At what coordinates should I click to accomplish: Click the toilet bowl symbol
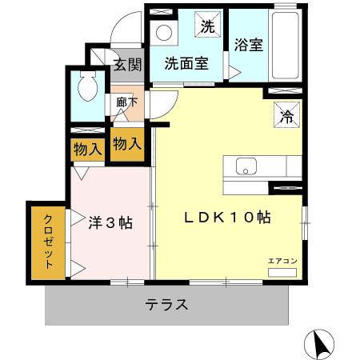88,86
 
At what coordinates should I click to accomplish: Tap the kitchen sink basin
246,166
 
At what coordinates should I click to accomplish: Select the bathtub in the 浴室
285,46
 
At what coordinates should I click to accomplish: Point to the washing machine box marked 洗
208,24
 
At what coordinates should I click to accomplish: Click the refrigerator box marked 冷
287,114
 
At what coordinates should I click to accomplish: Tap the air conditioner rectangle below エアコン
282,273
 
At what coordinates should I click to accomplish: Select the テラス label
166,305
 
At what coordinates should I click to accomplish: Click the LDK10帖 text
227,218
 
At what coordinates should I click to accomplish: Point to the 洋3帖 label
110,222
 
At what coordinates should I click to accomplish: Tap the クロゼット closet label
48,242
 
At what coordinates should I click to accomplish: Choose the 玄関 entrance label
127,65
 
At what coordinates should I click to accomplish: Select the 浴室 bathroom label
249,45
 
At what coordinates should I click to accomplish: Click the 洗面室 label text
186,63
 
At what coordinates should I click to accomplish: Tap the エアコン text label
282,261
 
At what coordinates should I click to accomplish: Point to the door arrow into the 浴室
234,72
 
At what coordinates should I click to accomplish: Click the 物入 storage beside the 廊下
127,144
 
